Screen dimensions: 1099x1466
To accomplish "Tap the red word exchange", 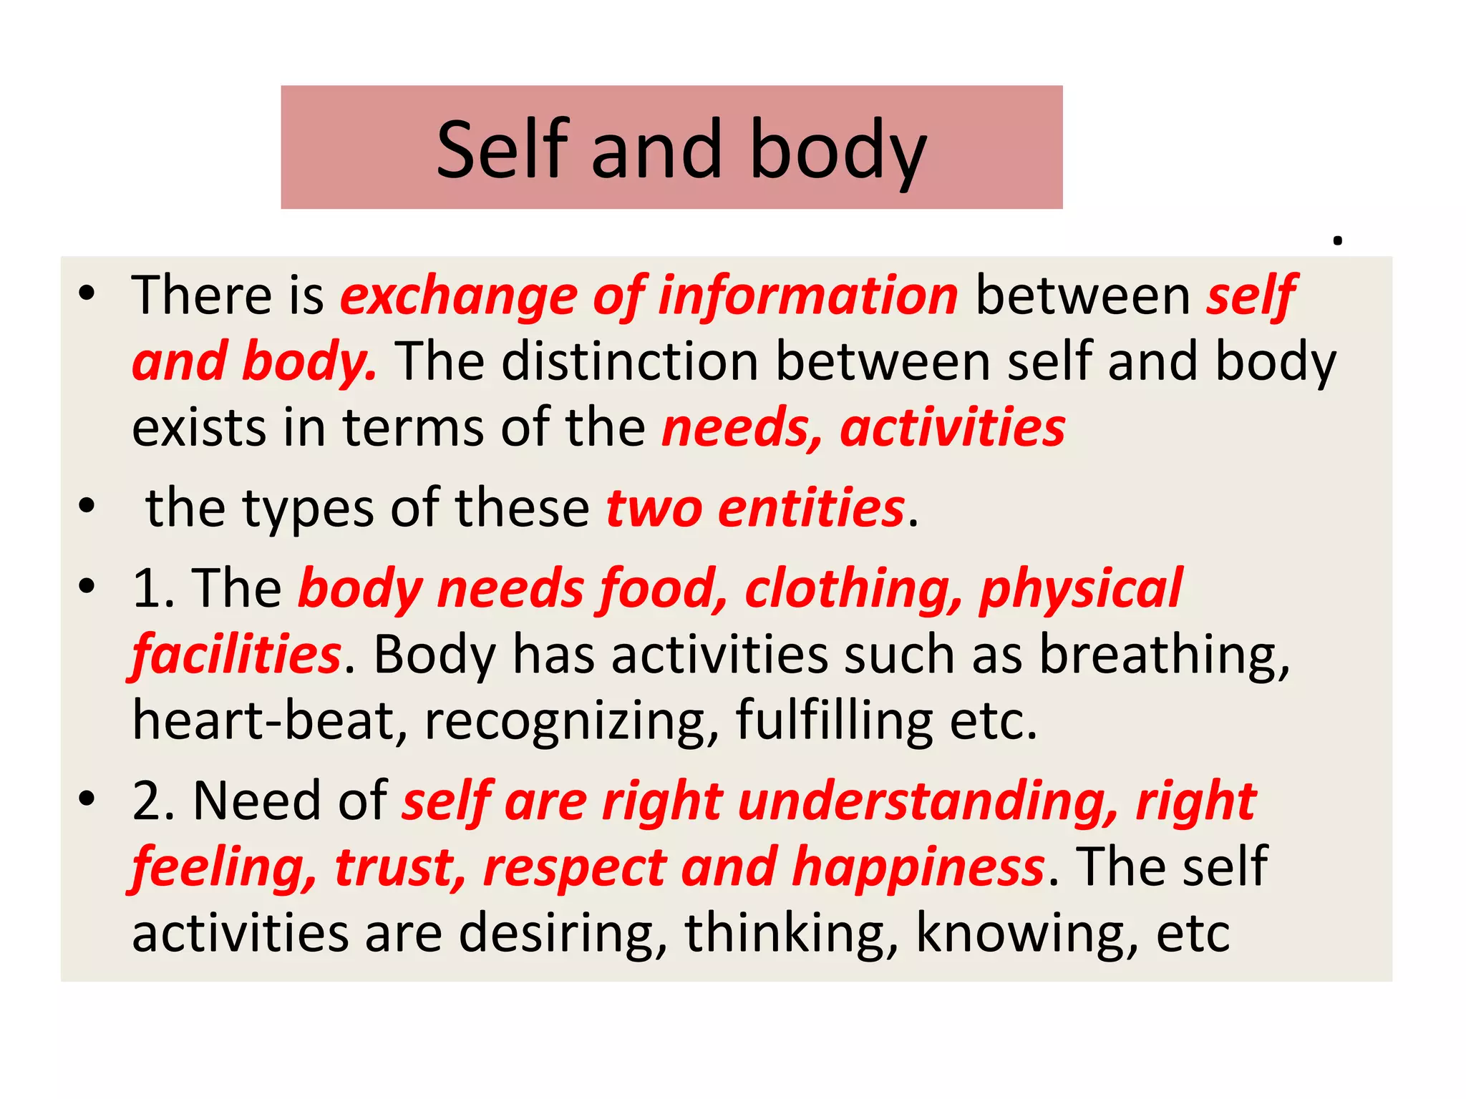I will [x=459, y=295].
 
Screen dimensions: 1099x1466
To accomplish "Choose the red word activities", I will [x=953, y=428].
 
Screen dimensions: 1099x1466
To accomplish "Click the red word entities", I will [x=812, y=508].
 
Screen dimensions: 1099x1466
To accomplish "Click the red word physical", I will [x=1081, y=588].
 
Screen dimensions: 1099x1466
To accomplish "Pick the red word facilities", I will [x=237, y=655].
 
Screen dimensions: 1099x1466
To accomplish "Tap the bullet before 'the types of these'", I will [x=87, y=507].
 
